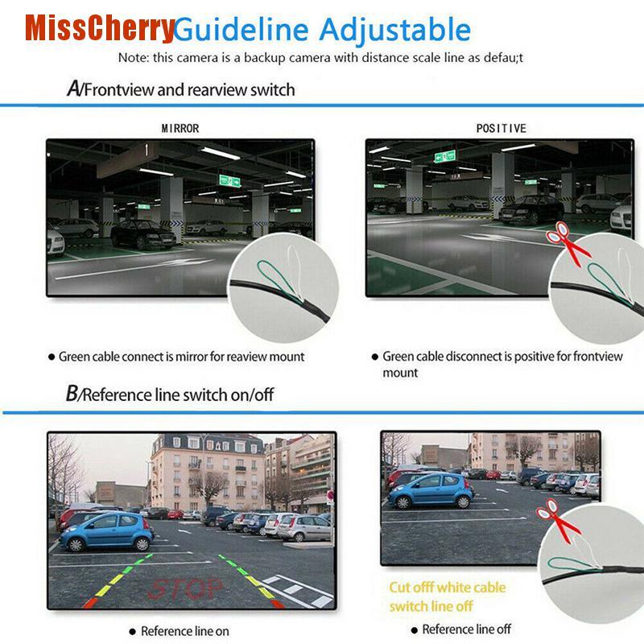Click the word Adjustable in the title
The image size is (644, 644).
pyautogui.click(x=394, y=31)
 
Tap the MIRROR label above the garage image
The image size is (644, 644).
pyautogui.click(x=180, y=128)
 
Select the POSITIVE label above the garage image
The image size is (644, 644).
pyautogui.click(x=501, y=128)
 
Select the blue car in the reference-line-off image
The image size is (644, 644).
pyautogui.click(x=431, y=489)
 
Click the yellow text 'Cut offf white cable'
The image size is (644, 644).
pyautogui.click(x=447, y=588)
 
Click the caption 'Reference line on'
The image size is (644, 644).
pyautogui.click(x=184, y=630)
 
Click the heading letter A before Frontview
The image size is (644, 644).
pyautogui.click(x=72, y=89)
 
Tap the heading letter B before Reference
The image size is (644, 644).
pyautogui.click(x=72, y=394)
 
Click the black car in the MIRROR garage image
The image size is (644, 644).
pyautogui.click(x=141, y=234)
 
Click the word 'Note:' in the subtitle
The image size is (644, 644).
pyautogui.click(x=134, y=58)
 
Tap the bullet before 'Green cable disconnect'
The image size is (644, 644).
pyautogui.click(x=374, y=357)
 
